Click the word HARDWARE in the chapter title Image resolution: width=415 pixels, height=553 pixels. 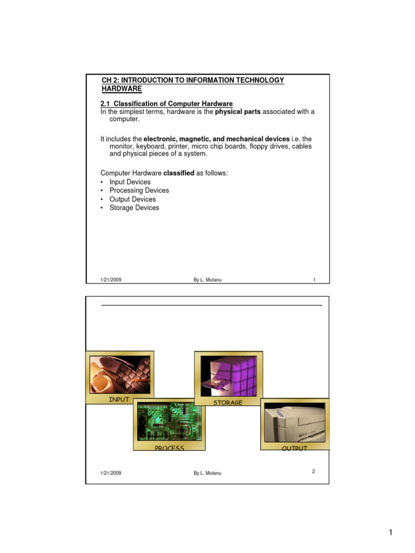[x=122, y=89]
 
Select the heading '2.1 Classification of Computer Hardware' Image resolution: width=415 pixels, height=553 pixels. [x=167, y=103]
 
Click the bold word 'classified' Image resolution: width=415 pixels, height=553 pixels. [x=182, y=173]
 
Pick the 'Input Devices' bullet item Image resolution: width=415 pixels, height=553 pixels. [x=130, y=182]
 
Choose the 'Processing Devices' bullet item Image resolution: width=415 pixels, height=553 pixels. [x=139, y=191]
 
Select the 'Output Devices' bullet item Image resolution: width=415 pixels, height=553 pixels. [x=132, y=199]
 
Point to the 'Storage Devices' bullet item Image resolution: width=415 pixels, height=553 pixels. [x=134, y=207]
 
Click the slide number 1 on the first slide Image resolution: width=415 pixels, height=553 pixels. [x=314, y=280]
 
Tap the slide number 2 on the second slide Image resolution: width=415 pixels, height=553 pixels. [x=313, y=471]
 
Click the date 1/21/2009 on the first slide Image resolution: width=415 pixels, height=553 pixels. [x=111, y=280]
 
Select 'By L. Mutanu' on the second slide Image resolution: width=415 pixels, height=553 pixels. [x=207, y=473]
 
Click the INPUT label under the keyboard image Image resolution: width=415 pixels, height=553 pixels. [x=119, y=400]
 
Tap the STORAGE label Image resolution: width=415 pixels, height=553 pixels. [x=227, y=403]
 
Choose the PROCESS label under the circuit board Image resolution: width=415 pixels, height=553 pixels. [x=169, y=448]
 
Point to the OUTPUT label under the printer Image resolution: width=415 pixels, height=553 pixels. [x=294, y=448]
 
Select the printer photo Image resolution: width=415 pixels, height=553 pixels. [x=294, y=422]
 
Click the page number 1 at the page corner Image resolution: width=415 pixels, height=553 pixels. [x=391, y=533]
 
